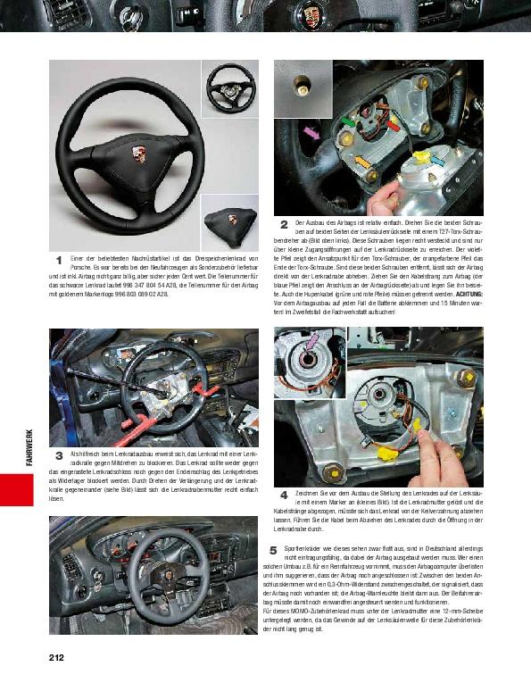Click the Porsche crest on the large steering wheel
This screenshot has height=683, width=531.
139,154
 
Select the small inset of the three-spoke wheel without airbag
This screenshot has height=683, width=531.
229,87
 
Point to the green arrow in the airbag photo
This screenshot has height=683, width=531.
345,121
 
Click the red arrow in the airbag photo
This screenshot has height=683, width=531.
392,125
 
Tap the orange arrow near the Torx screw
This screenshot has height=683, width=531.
362,161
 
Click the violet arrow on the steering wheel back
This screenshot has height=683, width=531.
311,132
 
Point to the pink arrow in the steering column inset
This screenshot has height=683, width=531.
312,339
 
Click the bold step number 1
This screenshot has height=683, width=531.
58,260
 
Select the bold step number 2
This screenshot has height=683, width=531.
284,223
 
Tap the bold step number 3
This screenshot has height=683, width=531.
58,454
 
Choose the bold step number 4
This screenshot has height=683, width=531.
284,494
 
